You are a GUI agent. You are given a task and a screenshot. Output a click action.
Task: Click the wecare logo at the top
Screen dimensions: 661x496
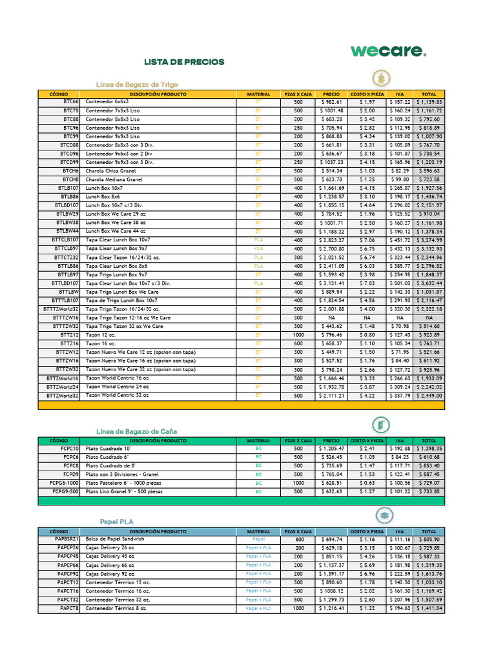click(388, 51)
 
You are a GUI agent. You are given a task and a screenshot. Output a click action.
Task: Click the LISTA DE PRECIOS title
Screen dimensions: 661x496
click(184, 62)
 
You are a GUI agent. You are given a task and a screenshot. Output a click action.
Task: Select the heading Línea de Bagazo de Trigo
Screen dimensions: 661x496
click(137, 85)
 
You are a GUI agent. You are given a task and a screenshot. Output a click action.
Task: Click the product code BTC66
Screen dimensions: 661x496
click(70, 102)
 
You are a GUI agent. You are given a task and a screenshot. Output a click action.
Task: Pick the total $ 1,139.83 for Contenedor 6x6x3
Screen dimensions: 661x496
click(429, 102)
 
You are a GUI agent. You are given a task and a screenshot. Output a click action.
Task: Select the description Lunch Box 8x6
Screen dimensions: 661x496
click(103, 196)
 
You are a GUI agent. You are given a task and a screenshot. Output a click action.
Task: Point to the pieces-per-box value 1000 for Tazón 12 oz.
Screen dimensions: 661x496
click(298, 335)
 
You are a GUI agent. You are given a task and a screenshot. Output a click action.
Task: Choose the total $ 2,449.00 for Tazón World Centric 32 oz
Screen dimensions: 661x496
click(429, 396)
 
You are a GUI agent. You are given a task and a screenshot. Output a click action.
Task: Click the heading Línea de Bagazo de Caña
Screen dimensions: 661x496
click(136, 431)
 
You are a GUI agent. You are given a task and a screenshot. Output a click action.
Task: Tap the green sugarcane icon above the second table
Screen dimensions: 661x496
click(382, 425)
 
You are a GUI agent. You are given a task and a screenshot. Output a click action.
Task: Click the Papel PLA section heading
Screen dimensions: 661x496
click(117, 522)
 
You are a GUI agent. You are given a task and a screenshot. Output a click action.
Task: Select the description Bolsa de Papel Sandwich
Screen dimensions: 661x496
click(115, 539)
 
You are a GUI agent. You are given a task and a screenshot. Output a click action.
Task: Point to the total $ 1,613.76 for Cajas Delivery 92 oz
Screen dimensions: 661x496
click(429, 573)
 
